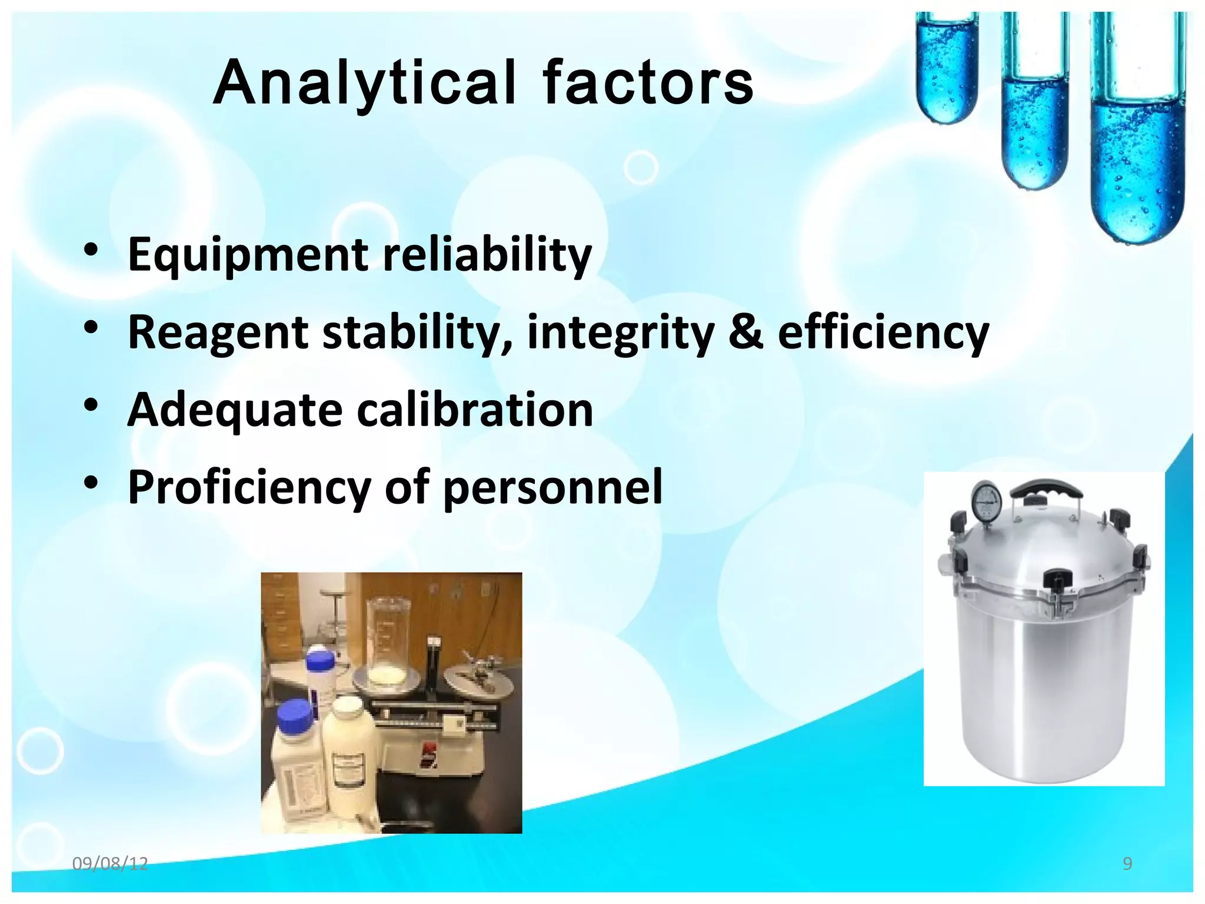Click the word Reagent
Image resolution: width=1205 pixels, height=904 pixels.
tap(218, 333)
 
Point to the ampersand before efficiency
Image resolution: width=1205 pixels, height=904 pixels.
tap(745, 331)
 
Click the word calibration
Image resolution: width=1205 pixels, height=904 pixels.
tap(474, 410)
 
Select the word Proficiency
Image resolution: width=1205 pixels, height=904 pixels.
tap(248, 487)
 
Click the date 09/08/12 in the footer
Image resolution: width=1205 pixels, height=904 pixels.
tap(110, 864)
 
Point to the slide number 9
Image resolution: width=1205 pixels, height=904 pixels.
tap(1127, 864)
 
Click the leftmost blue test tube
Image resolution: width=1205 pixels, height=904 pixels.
tap(947, 71)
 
